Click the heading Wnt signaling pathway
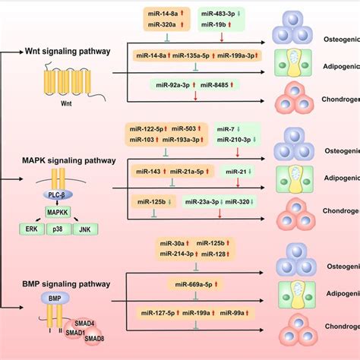tap(66, 52)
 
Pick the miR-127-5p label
tap(157, 312)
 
